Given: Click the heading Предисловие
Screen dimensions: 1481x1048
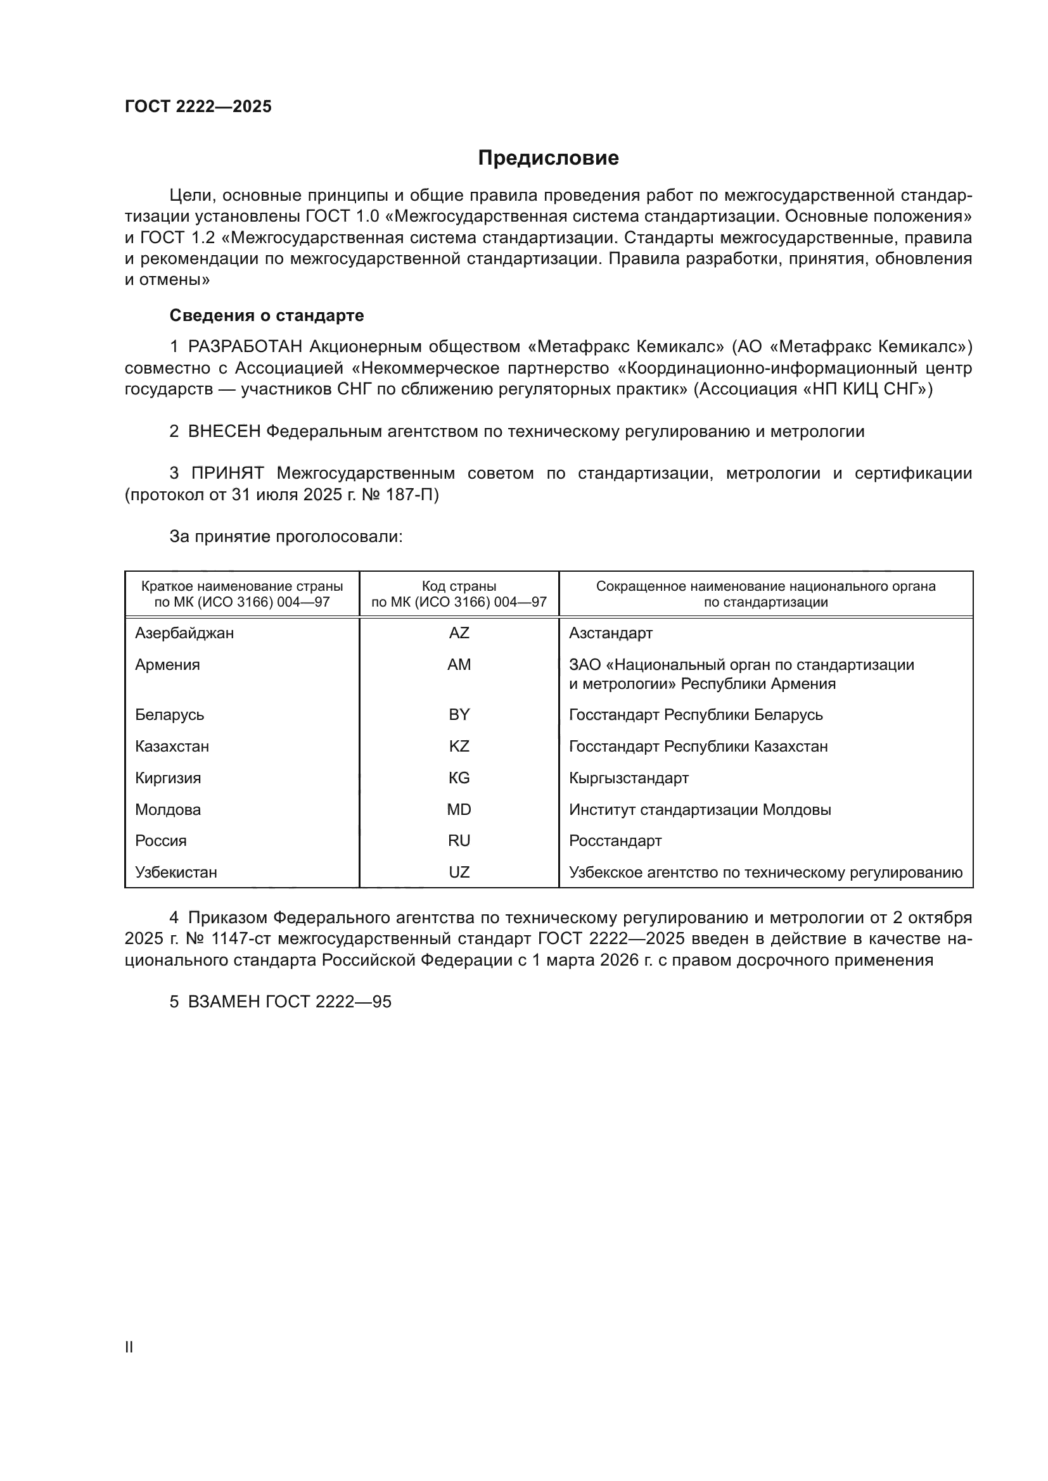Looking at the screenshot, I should tap(548, 158).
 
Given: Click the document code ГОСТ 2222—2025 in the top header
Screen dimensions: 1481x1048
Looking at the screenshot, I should tap(198, 106).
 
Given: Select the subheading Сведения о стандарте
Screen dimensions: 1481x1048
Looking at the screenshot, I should tap(267, 315).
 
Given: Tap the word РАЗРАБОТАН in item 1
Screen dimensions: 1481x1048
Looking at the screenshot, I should tap(245, 347).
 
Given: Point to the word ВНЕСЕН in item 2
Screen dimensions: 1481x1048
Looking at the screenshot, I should tap(224, 432).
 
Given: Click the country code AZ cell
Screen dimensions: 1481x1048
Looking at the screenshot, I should tap(459, 633).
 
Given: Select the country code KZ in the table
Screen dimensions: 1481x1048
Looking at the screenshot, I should tap(459, 747).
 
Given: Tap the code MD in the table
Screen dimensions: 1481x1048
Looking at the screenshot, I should tap(459, 810).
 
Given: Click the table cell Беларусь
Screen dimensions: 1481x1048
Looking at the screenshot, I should tap(170, 715).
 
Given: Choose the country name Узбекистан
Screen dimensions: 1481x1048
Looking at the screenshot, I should tap(176, 873).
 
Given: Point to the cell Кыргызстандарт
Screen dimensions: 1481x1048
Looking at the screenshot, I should tap(629, 778).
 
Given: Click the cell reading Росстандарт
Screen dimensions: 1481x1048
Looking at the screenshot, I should tap(615, 841).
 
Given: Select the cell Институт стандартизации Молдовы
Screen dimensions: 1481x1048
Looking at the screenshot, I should tap(700, 810).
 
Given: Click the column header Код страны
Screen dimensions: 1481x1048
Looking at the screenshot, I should tap(459, 586).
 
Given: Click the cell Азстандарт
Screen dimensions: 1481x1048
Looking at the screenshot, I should tap(610, 633).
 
